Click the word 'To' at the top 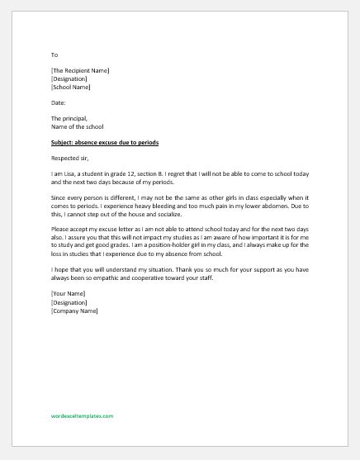click(54, 55)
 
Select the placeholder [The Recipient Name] click(80, 71)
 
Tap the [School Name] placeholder click(71, 87)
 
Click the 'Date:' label click(58, 102)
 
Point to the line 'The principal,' click(69, 118)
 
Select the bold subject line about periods click(104, 143)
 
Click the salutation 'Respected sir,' click(72, 159)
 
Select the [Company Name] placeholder click(74, 311)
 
